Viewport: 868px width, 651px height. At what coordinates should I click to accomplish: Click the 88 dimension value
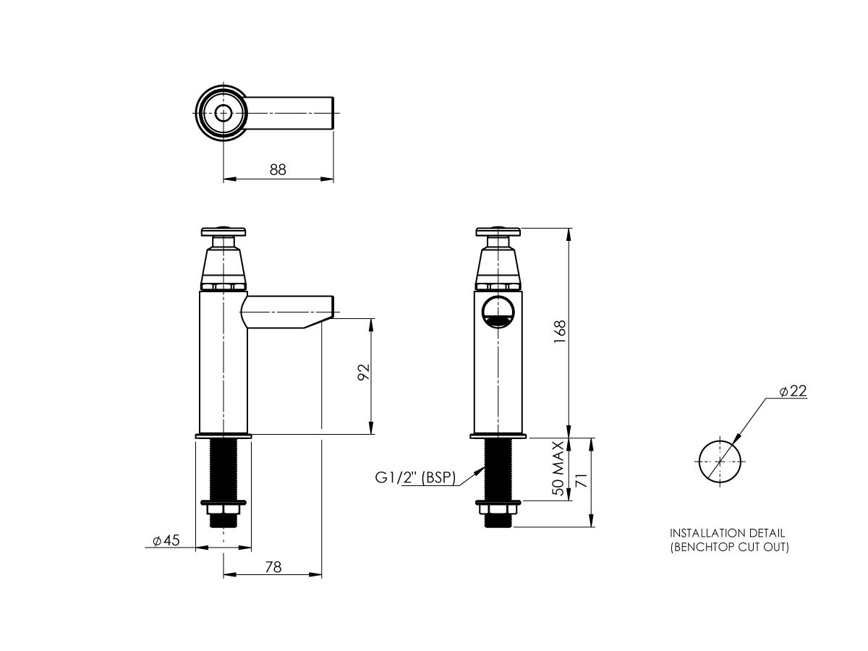point(278,169)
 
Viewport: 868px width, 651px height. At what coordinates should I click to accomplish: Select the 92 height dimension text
point(364,372)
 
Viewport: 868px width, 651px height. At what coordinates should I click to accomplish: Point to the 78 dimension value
point(273,568)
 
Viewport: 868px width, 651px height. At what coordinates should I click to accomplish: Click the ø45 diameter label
point(166,540)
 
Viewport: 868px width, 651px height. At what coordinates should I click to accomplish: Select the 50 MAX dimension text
point(558,468)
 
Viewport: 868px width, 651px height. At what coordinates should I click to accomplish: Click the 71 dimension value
point(579,483)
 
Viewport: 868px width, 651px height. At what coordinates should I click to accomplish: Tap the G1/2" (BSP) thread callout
point(414,477)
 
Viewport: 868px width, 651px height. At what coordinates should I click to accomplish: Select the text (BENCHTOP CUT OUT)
point(729,547)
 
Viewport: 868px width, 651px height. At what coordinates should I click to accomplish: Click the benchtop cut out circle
point(720,461)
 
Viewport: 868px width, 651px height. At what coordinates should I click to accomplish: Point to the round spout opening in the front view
point(498,312)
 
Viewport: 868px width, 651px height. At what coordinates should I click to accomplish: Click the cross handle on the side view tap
point(224,232)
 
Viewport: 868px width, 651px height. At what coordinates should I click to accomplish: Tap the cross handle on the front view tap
point(498,232)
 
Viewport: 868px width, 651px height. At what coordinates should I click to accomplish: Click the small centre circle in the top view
point(224,112)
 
